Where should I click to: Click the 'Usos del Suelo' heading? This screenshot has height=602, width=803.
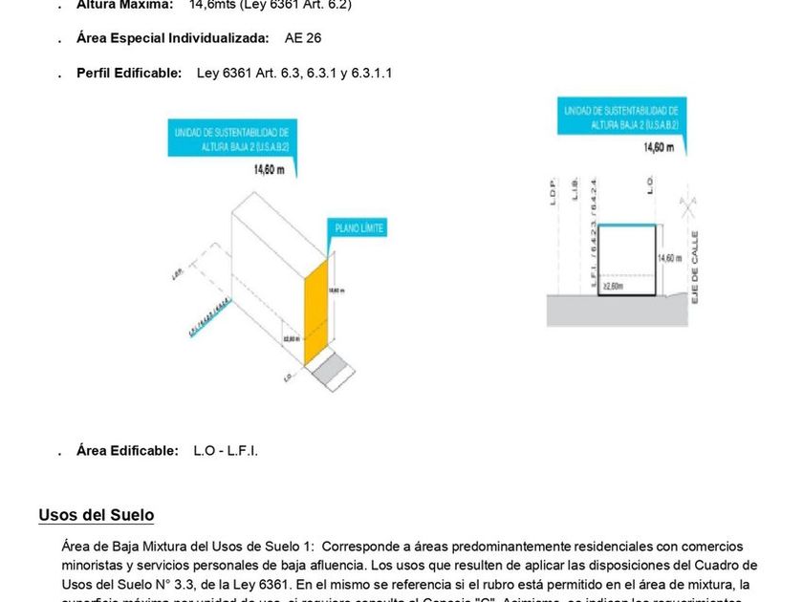click(x=96, y=515)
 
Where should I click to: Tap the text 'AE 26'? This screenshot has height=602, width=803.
click(x=303, y=39)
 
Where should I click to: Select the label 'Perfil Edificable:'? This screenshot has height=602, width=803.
click(x=129, y=74)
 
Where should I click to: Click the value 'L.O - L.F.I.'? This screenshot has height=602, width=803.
click(x=226, y=450)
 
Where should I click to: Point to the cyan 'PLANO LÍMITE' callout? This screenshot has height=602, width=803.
click(x=358, y=228)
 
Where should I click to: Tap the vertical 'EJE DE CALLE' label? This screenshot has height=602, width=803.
click(x=695, y=267)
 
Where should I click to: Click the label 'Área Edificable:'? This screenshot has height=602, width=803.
click(x=127, y=450)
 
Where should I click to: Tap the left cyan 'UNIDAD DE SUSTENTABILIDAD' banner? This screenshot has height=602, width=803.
click(x=232, y=139)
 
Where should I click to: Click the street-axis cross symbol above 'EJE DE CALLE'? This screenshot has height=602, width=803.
click(x=684, y=204)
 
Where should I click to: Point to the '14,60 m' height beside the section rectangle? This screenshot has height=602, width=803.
click(x=668, y=259)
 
